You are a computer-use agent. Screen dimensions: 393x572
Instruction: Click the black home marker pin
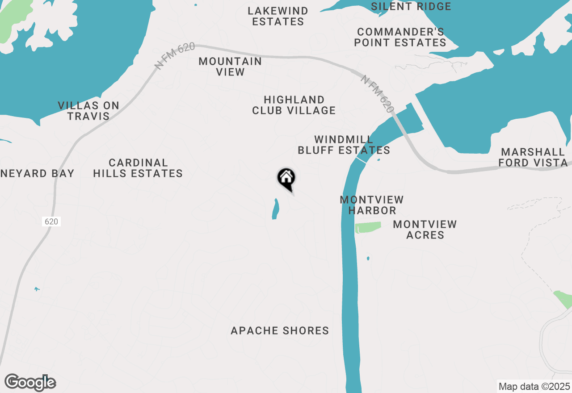pos(286,178)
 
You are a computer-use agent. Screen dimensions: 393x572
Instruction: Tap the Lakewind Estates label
pos(278,16)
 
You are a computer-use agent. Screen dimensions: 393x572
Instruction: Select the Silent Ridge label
pos(411,6)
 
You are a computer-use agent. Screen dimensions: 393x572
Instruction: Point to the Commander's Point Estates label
pos(400,37)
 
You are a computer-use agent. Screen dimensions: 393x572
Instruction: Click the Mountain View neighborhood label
pos(230,67)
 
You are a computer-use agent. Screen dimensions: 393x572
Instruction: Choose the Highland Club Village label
pos(294,105)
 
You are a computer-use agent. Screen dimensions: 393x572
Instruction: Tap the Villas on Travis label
pos(88,111)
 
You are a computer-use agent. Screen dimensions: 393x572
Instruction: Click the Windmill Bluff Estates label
pos(344,145)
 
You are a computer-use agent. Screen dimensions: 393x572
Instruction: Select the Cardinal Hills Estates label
pos(138,168)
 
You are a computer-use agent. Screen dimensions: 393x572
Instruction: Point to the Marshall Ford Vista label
pos(533,157)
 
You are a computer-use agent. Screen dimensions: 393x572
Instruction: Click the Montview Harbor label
pos(372,205)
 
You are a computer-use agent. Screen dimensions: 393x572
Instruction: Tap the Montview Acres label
pos(425,230)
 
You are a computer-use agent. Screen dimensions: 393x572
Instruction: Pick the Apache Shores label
pos(280,331)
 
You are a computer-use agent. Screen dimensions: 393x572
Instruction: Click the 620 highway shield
pos(51,222)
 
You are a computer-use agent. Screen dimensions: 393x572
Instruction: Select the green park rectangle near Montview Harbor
pos(368,227)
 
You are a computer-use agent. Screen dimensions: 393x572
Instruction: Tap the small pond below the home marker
pos(275,209)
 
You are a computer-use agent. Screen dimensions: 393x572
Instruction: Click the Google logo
pos(30,382)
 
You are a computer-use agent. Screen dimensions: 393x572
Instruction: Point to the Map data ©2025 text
pos(534,386)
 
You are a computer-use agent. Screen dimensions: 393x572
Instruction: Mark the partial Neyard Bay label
pos(37,173)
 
